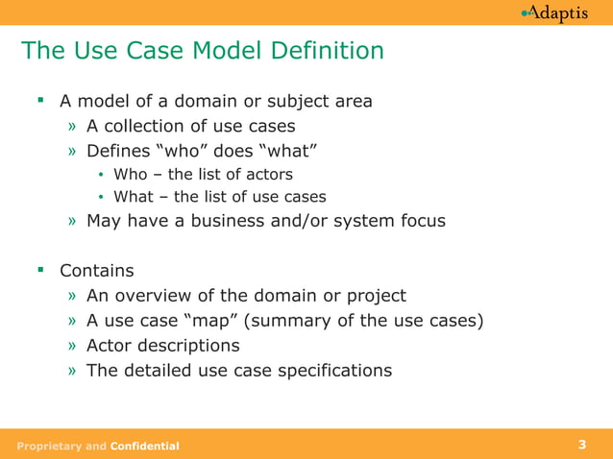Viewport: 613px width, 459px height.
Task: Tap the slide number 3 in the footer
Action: point(582,445)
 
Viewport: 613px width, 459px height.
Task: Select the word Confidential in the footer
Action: point(144,446)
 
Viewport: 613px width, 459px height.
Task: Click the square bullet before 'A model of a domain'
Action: point(41,100)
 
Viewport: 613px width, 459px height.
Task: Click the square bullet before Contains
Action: point(41,271)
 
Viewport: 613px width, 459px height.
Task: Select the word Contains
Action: point(96,272)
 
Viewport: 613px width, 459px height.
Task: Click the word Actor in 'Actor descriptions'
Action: point(109,345)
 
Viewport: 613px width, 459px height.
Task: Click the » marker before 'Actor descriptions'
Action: point(73,346)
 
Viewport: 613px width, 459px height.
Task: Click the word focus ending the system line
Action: point(421,221)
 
